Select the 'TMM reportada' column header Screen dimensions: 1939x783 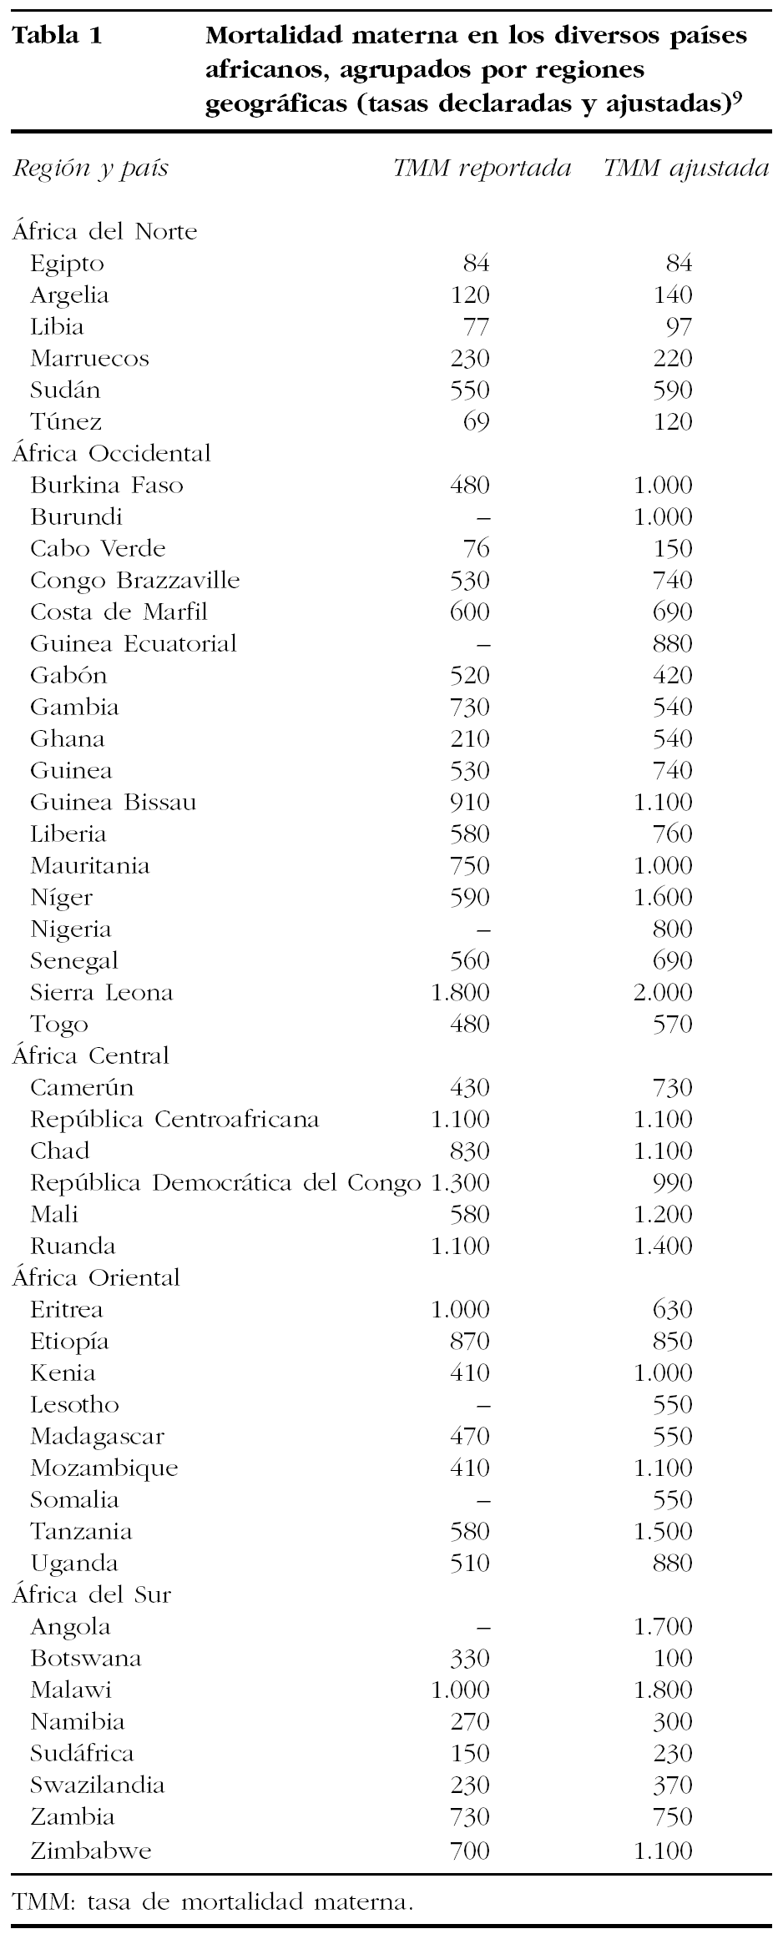482,169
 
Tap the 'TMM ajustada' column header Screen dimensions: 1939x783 686,169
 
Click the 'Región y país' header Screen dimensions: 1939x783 90,169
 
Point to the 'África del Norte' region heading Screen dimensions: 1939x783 104,231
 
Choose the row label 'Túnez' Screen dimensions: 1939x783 66,421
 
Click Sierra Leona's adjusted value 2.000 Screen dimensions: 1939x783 663,992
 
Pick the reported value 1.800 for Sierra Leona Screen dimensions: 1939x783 460,992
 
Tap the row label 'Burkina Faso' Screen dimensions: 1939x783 107,485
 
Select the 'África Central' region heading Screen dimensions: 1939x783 90,1055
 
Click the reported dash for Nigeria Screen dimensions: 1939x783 482,929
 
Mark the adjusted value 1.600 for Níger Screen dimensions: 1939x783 663,897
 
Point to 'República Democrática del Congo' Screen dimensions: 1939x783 225,1182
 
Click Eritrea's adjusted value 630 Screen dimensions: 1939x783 672,1309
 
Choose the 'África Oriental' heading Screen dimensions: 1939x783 96,1277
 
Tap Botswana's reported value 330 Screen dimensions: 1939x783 469,1658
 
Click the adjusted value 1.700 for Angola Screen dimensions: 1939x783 663,1626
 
